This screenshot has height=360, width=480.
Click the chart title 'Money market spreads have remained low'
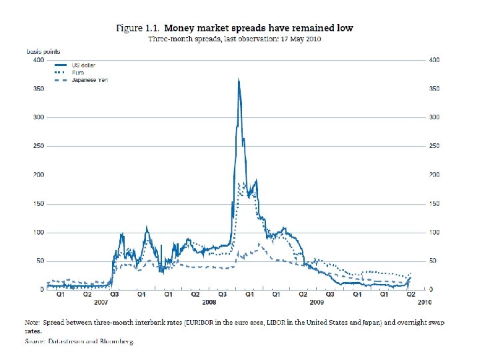[x=259, y=28]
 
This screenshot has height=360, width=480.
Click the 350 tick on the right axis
[x=434, y=89]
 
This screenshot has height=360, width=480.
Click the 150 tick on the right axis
[x=434, y=203]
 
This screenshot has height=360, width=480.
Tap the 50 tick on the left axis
[x=40, y=261]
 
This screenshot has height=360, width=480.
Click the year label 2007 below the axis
[x=101, y=302]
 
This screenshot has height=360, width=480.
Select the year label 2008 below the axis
[x=208, y=302]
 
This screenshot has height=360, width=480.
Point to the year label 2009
[x=316, y=302]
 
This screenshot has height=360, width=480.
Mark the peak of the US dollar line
[x=239, y=79]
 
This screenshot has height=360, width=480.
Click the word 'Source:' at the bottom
[x=35, y=341]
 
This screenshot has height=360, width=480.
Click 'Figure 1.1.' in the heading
[x=138, y=28]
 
